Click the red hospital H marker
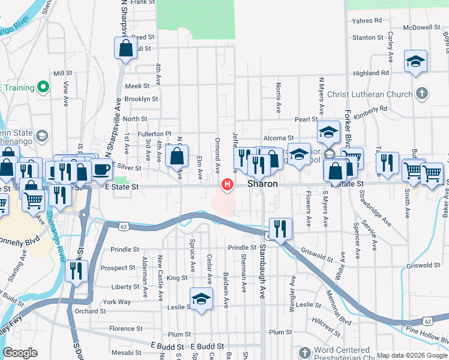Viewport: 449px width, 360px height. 228,185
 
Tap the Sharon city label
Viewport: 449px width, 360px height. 264,184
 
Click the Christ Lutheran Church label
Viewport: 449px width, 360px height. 370,94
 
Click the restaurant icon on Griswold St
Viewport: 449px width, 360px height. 280,229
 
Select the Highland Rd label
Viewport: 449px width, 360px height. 370,73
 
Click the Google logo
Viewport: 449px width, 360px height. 20,352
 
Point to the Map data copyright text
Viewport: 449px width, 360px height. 411,355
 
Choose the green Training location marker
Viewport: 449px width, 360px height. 43,88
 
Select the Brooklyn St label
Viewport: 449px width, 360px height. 141,99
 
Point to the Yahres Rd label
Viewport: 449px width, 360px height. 367,20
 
